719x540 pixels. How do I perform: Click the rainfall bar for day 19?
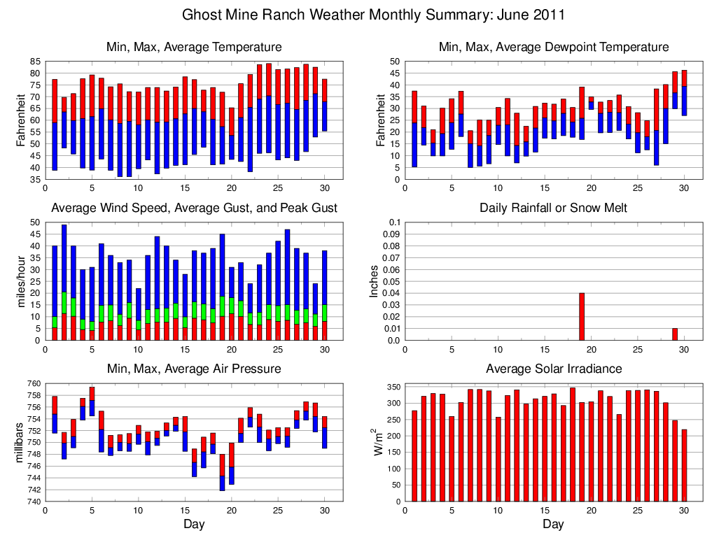pos(582,317)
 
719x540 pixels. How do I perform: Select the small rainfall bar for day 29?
pos(675,334)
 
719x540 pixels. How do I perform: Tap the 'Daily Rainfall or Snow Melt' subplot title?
pos(553,208)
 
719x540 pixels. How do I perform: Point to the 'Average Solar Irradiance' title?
pos(553,369)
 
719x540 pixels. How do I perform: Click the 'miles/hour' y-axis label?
pos(22,281)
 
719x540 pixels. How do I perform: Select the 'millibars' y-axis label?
pos(22,442)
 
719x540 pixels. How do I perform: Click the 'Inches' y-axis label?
pos(374,281)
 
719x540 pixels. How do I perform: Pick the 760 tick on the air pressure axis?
pos(34,383)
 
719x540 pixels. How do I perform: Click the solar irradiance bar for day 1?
pos(414,455)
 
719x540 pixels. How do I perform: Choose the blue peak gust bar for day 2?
pos(64,258)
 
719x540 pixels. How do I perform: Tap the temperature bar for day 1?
pos(55,125)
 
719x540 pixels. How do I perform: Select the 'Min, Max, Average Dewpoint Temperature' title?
pos(553,47)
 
